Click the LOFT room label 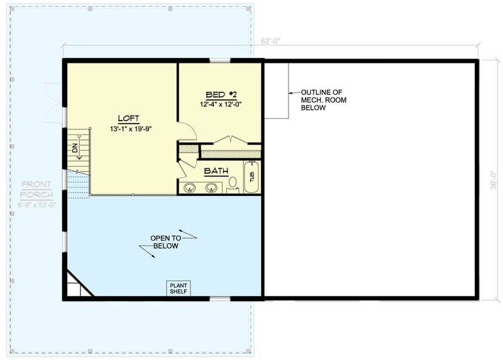pos(129,118)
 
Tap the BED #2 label pos(221,95)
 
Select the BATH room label pos(216,171)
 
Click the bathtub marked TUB pos(252,177)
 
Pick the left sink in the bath pos(191,187)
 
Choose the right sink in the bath pos(211,187)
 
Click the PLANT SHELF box pos(179,288)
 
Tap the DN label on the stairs pos(75,148)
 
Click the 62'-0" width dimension pos(270,41)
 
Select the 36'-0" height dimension pos(494,180)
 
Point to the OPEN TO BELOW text pos(165,242)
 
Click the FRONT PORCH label pos(36,190)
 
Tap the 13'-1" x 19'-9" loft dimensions pos(131,129)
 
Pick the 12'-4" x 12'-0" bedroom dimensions pos(221,104)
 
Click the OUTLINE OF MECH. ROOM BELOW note pos(323,100)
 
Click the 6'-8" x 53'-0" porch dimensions pos(37,205)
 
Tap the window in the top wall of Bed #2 pos(220,60)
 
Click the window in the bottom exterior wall pos(220,298)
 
